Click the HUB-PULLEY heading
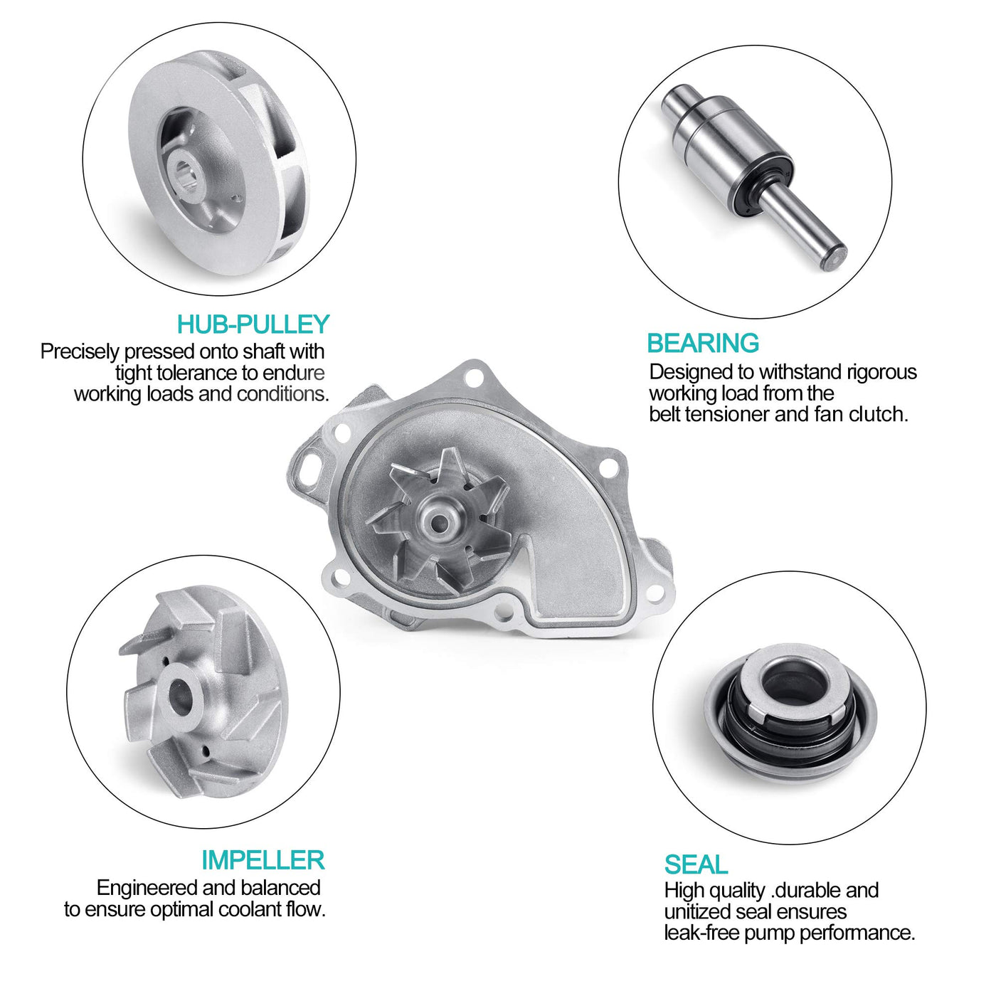[253, 324]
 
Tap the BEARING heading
[703, 343]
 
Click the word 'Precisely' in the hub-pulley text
[80, 352]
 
